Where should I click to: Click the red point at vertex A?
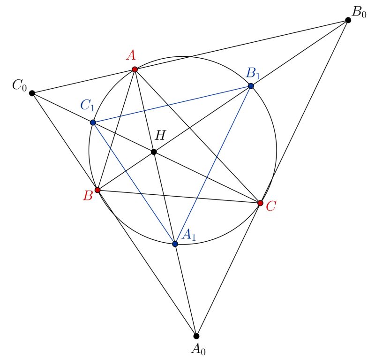pyautogui.click(x=135, y=69)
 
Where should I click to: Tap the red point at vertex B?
pyautogui.click(x=97, y=190)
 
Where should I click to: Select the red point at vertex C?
pyautogui.click(x=260, y=203)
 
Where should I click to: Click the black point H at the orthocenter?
pyautogui.click(x=154, y=152)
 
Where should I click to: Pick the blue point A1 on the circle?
pyautogui.click(x=175, y=244)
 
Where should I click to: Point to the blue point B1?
pyautogui.click(x=251, y=86)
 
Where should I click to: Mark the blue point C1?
pyautogui.click(x=93, y=123)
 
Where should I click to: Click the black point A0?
pyautogui.click(x=196, y=336)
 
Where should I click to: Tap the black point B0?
pyautogui.click(x=348, y=20)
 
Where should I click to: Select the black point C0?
pyautogui.click(x=32, y=93)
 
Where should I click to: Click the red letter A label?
pyautogui.click(x=131, y=55)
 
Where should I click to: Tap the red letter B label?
pyautogui.click(x=88, y=196)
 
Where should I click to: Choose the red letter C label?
pyautogui.click(x=270, y=207)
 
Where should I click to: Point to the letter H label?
pyautogui.click(x=160, y=136)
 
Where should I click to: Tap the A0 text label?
pyautogui.click(x=197, y=349)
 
